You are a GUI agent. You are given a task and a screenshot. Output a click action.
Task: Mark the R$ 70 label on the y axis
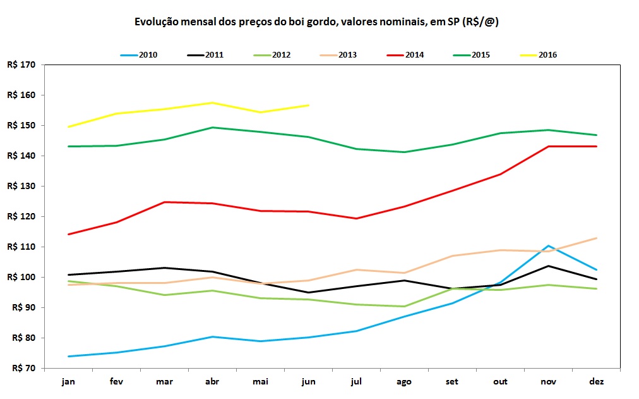23,368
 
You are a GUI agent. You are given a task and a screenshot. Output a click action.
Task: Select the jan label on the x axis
68,381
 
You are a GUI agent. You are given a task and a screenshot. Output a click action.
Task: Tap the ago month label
404,381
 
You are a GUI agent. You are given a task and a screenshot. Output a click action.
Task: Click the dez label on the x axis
596,381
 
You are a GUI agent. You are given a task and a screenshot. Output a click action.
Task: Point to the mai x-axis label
260,381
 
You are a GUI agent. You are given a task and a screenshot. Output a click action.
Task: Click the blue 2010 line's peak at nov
548,245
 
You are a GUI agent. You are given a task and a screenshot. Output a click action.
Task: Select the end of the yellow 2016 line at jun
308,105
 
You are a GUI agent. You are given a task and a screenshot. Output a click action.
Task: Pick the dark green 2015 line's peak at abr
212,127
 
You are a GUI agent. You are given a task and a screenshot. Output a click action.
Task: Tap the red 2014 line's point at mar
164,202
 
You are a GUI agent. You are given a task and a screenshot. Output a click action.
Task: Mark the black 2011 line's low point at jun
308,293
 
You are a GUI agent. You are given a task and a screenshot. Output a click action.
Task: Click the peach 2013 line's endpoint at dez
596,238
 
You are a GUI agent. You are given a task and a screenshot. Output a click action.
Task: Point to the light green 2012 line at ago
404,307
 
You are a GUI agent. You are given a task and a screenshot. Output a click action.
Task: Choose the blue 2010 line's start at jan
68,356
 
